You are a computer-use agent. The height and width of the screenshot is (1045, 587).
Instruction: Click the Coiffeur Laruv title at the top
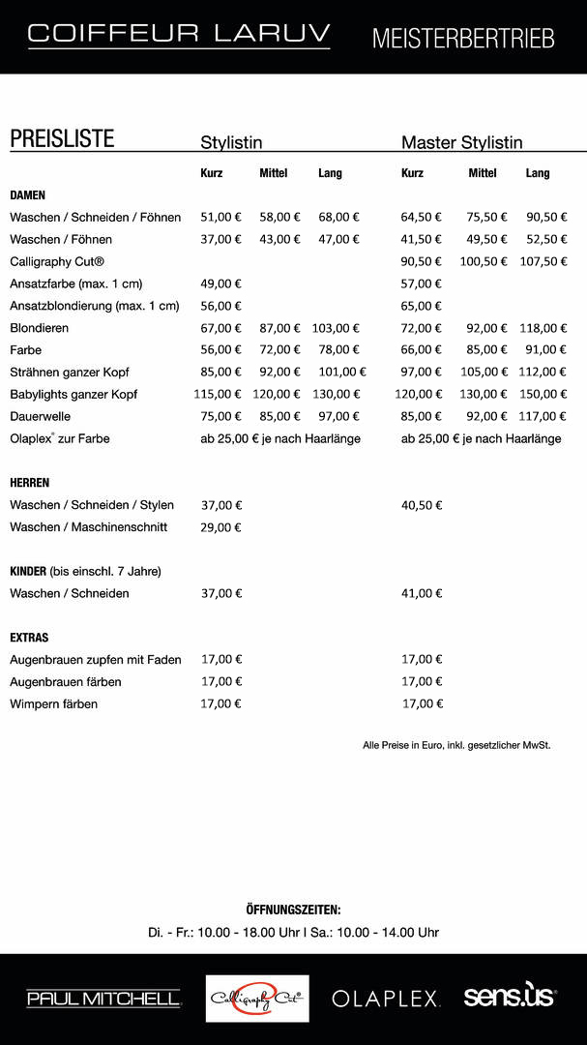(x=179, y=34)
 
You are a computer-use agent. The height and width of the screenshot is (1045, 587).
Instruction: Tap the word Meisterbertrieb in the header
(x=463, y=39)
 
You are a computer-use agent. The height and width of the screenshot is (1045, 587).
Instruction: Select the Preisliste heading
(x=62, y=138)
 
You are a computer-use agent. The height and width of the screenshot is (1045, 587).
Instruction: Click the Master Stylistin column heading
(x=461, y=143)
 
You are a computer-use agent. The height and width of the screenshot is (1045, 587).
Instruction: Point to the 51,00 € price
(x=220, y=218)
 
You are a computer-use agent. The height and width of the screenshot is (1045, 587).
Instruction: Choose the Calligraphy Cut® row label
(x=57, y=262)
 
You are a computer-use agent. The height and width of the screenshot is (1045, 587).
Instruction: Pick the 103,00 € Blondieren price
(x=336, y=329)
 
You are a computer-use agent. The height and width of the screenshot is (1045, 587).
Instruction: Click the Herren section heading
(x=30, y=483)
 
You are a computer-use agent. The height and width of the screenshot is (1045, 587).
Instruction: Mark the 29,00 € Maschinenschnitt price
(x=220, y=527)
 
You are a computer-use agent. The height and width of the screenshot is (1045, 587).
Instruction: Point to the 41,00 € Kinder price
(x=422, y=593)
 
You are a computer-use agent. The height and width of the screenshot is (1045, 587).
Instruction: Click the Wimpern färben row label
(x=53, y=704)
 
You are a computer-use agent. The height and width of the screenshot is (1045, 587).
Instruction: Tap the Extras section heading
(x=29, y=639)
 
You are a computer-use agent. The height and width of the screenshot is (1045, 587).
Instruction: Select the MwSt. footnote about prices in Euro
(x=456, y=745)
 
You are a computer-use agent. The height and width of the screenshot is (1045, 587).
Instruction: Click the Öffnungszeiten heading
(x=293, y=911)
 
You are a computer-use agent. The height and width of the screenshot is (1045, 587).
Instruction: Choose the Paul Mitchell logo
(x=103, y=999)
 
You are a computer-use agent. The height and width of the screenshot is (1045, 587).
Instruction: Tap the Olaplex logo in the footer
(x=386, y=999)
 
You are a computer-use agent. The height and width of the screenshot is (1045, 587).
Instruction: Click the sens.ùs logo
(x=510, y=997)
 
